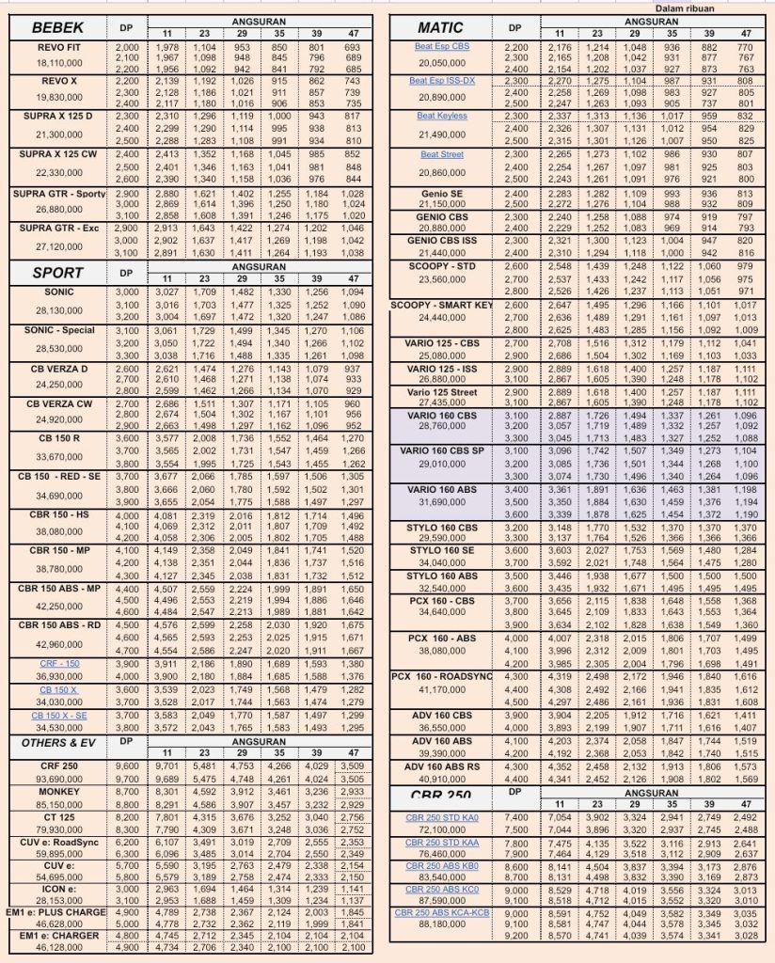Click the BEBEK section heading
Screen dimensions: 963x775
57,28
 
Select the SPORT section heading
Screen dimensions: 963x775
57,273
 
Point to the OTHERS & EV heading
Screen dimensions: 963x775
57,743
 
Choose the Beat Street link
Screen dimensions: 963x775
442,154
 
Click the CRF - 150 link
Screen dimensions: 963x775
58,663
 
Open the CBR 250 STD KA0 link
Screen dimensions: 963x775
442,818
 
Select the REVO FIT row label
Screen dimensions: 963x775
58,46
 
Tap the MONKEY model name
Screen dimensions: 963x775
58,792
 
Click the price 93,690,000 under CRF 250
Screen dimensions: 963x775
58,779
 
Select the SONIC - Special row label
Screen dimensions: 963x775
58,330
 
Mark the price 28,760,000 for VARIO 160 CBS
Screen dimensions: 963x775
442,426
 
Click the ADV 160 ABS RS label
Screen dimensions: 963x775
442,766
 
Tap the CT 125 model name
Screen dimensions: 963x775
58,818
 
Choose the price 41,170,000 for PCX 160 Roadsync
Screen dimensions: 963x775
442,690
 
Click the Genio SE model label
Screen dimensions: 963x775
442,192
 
